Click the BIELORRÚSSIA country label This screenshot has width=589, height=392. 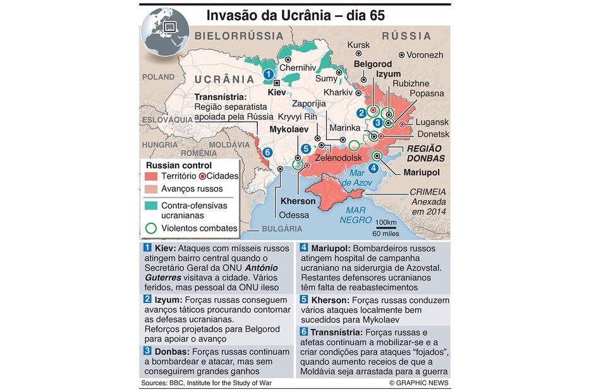coord(240,36)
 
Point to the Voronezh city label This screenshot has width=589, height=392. coord(425,55)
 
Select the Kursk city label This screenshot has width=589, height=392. coord(359,45)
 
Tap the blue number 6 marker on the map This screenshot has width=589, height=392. coord(267,151)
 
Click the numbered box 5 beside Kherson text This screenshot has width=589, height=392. coord(304,300)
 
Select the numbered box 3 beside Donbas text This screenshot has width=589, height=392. coord(147,350)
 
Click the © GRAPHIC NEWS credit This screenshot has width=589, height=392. coord(419,383)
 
